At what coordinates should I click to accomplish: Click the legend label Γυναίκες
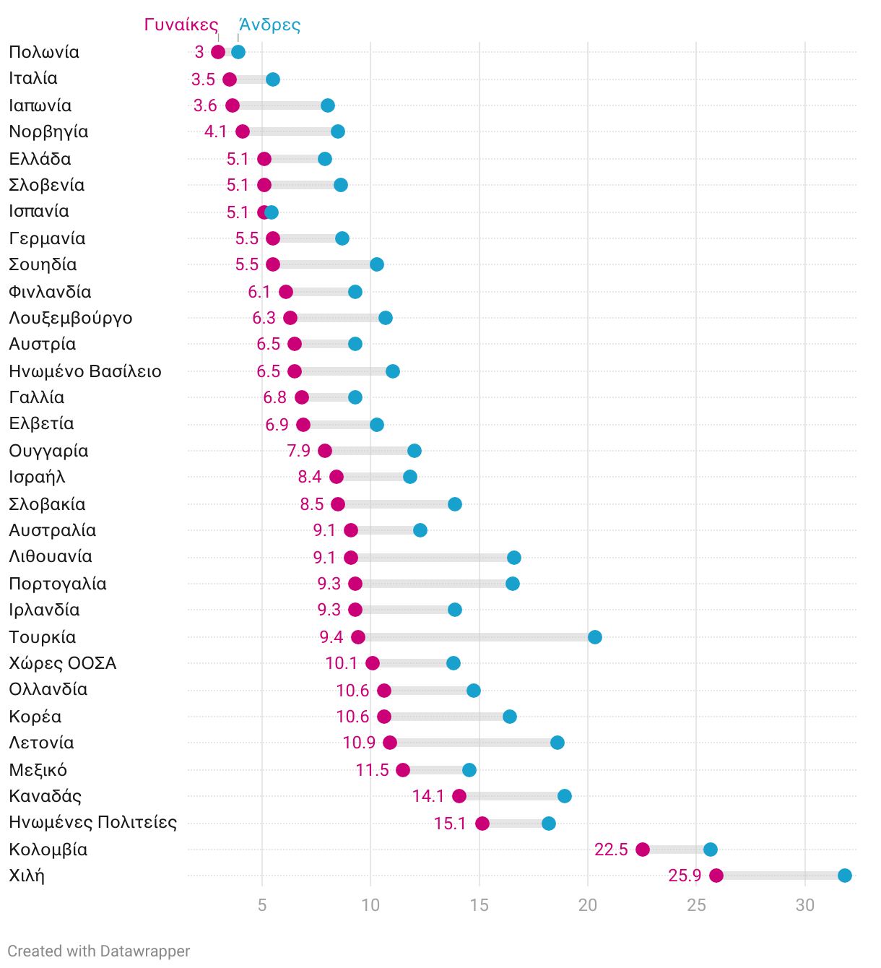pos(181,25)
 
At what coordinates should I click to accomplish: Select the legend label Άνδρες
pos(269,25)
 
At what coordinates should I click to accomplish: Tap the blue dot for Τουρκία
pos(595,636)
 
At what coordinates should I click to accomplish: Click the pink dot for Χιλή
pos(716,876)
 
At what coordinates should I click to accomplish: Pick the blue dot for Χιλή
pos(845,876)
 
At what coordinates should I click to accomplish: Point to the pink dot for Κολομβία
pos(643,850)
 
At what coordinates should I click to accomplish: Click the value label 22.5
pos(611,850)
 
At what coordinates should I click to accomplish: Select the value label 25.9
pos(685,876)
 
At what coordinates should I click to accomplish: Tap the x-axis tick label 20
pos(588,905)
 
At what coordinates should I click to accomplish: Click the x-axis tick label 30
pos(805,905)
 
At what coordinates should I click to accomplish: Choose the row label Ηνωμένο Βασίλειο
pos(85,371)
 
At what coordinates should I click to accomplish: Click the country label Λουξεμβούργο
pos(71,318)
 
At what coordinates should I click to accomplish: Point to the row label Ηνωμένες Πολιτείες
pos(92,822)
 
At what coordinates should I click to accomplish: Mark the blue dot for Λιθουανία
pos(514,557)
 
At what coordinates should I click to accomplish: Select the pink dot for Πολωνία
pos(218,52)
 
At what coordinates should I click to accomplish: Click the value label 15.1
pos(450,824)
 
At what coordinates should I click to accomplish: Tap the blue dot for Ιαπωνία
pos(328,105)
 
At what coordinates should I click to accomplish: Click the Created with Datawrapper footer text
pos(99,951)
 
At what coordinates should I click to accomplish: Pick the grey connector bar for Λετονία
pos(474,743)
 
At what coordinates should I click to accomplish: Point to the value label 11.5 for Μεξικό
pos(372,770)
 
